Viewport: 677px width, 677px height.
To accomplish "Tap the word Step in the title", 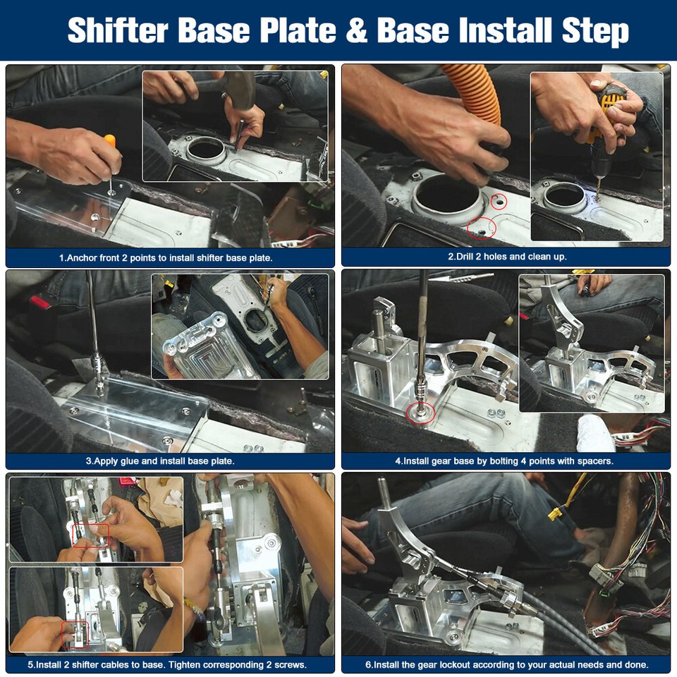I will click(595, 31).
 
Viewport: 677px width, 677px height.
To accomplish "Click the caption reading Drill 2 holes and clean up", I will click(507, 257).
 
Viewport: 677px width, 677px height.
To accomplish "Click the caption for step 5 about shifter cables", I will click(171, 664).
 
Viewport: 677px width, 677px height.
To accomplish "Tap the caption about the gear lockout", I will click(506, 664).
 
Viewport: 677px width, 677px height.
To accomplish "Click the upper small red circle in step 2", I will click(499, 202).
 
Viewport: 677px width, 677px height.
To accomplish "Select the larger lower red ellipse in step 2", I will click(482, 227).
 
